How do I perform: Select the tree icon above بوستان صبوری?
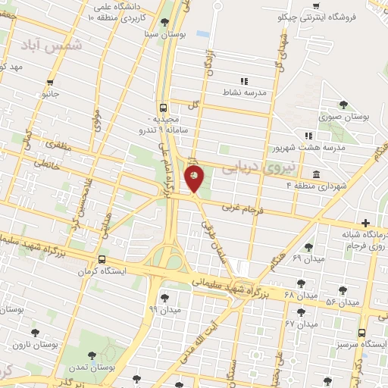point(343,105)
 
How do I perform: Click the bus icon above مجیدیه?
point(164,108)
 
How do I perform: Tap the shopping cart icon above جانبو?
point(50,83)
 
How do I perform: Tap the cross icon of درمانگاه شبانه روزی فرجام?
point(366,223)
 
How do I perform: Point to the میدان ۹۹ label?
point(164,309)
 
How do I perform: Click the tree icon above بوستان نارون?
point(33,332)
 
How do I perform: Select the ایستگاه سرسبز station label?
point(361,344)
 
